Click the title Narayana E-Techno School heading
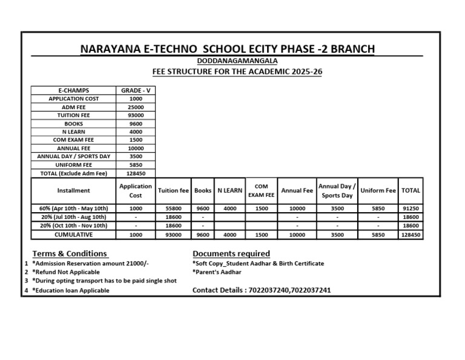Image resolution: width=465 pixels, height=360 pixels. [227, 48]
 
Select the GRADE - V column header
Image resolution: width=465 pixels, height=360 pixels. [136, 90]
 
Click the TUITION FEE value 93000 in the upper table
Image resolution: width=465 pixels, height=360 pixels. [136, 115]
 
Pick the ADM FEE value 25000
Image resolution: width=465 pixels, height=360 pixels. [136, 107]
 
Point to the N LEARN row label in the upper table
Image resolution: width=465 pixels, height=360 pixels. [73, 132]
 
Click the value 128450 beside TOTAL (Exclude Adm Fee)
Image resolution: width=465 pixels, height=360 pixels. [136, 173]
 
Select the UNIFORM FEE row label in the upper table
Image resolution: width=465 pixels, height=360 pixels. [73, 164]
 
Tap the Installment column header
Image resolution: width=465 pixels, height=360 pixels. [73, 190]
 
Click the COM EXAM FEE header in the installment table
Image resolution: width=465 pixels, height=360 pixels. [261, 191]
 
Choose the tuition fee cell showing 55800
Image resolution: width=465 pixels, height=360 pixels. [173, 208]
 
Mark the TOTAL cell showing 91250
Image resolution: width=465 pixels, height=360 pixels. [411, 208]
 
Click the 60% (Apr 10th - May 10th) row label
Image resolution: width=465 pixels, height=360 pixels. [73, 208]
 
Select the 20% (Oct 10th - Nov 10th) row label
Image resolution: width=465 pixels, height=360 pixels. [73, 225]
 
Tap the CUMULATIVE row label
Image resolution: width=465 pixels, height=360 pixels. [73, 235]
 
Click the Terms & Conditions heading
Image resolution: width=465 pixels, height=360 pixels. [70, 253]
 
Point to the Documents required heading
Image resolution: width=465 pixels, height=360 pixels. [231, 253]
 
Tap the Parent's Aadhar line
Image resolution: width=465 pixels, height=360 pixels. [217, 272]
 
